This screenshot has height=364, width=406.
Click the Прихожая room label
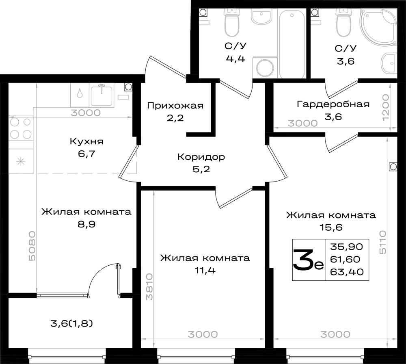tap(175, 106)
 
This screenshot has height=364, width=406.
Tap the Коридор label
tap(201, 157)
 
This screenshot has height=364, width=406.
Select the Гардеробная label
tap(333, 104)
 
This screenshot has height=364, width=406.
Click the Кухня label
tap(86, 141)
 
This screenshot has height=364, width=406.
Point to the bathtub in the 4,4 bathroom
tap(292, 43)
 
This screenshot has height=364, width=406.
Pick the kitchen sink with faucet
tap(102, 95)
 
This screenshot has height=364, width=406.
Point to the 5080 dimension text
tap(32, 246)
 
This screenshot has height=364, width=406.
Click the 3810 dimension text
tap(149, 287)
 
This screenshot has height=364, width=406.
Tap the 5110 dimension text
tap(383, 243)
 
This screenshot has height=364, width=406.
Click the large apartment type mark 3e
tap(309, 260)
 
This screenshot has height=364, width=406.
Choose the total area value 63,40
tap(347, 272)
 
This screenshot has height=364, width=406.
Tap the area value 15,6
tap(331, 227)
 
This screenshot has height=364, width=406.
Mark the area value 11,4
tap(205, 271)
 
